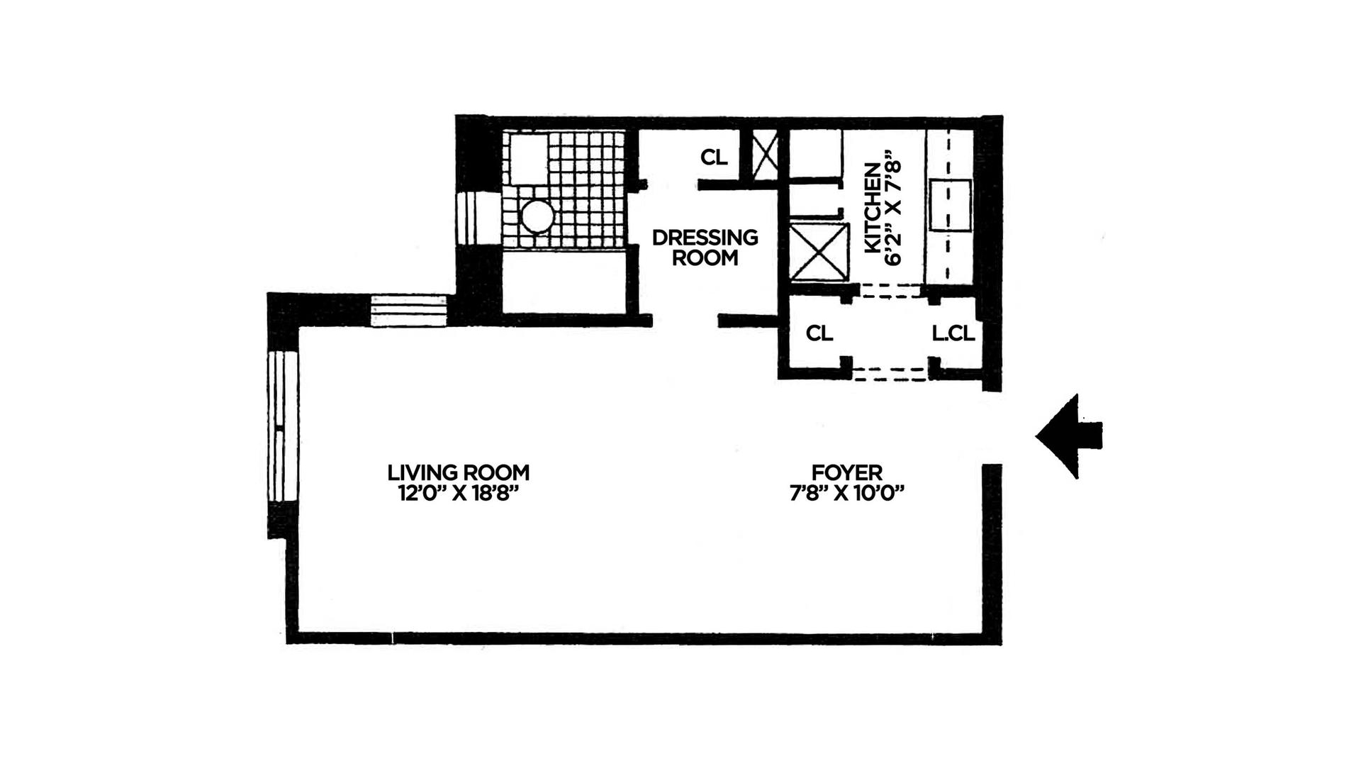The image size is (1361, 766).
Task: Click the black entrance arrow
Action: click(x=1067, y=436)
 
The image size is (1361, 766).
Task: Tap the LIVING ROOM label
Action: click(x=458, y=472)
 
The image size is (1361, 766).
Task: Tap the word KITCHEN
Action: click(x=873, y=207)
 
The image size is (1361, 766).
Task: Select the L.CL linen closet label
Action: click(x=953, y=333)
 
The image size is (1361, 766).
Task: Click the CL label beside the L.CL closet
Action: click(x=819, y=333)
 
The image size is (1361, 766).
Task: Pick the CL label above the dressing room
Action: click(x=714, y=157)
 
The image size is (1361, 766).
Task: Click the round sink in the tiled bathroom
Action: click(x=537, y=216)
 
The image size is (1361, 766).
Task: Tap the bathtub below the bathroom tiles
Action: click(x=564, y=282)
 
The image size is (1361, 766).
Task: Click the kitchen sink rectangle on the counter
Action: click(x=950, y=206)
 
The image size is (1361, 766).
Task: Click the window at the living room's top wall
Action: click(x=409, y=311)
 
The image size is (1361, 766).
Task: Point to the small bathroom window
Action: click(x=469, y=218)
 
